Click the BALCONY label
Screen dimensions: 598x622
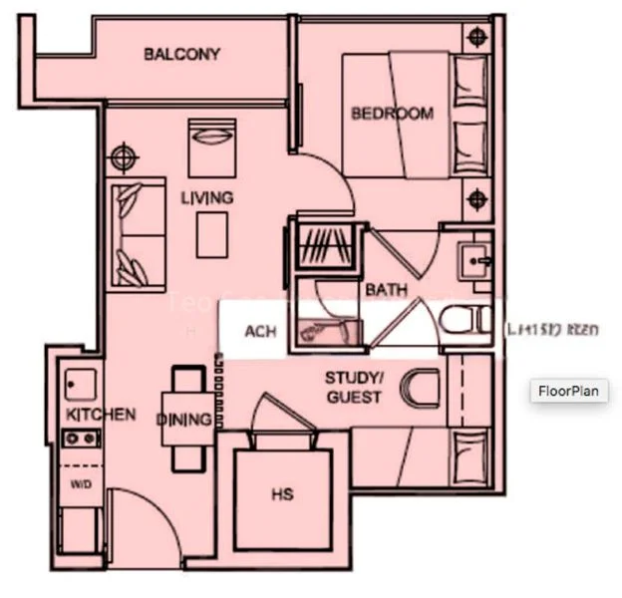coord(181,54)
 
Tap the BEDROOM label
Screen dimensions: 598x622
coord(392,114)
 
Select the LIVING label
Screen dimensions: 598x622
coord(206,197)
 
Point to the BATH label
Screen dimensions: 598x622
coord(386,290)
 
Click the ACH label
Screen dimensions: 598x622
coord(260,332)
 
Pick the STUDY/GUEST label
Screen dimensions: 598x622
coord(353,388)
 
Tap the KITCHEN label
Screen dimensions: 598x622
coord(101,414)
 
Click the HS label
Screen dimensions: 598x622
coord(282,494)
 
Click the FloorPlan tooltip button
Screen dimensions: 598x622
coord(568,391)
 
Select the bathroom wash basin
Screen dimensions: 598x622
coord(473,262)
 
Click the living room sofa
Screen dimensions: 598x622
coord(138,234)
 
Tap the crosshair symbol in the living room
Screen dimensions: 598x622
coord(123,156)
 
